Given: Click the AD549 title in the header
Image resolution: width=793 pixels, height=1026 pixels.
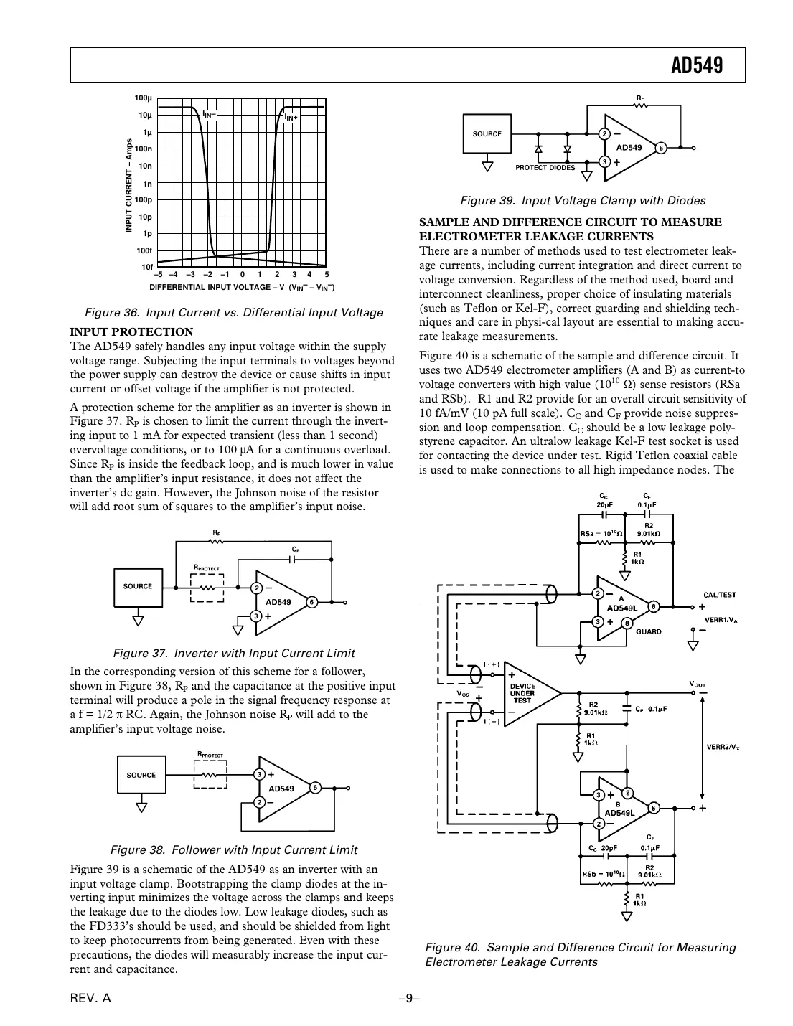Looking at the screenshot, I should tap(696, 66).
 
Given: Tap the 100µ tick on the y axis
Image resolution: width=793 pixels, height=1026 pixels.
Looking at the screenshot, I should tap(144, 98).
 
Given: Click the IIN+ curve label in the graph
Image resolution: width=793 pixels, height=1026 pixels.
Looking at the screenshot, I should tap(291, 117).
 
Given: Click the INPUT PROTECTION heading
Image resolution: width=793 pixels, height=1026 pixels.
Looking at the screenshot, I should tap(131, 332).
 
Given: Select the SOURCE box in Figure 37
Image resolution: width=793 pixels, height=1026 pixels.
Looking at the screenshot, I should tap(138, 586).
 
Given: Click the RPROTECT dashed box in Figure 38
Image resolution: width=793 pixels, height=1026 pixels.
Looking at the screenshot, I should tap(210, 775).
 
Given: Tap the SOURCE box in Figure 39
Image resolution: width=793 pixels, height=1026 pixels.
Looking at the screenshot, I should tap(487, 134).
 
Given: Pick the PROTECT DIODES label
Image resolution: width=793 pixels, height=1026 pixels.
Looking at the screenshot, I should tap(545, 168).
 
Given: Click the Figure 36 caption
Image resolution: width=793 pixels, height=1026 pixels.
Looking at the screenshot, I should tap(234, 313).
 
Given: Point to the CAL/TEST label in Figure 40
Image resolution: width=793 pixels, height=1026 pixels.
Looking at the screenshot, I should tap(719, 595).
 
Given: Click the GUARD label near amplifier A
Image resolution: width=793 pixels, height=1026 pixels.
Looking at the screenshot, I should tap(649, 632).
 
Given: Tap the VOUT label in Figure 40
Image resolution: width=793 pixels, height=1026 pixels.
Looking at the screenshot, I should tap(697, 683).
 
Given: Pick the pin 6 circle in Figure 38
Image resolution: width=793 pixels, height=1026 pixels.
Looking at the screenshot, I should tap(315, 788).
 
